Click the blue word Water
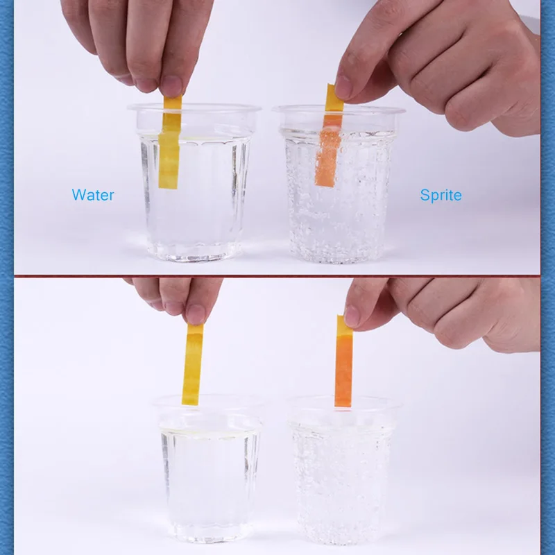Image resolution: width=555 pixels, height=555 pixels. (93, 195)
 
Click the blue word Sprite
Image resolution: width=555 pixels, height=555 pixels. (441, 195)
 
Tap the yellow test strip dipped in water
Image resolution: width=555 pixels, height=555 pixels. (169, 142)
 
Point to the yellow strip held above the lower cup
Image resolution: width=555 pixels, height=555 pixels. (193, 364)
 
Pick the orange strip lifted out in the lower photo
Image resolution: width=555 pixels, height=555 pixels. (343, 361)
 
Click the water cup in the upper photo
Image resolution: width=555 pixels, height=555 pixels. (194, 182)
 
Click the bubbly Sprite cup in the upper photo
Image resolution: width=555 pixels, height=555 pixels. (339, 184)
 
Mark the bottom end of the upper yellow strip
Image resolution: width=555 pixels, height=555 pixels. (167, 188)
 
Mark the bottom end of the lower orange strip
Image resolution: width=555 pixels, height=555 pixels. (343, 407)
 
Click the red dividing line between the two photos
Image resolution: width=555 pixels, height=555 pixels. (277, 275)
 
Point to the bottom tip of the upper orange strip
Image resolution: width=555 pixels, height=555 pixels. (324, 185)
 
